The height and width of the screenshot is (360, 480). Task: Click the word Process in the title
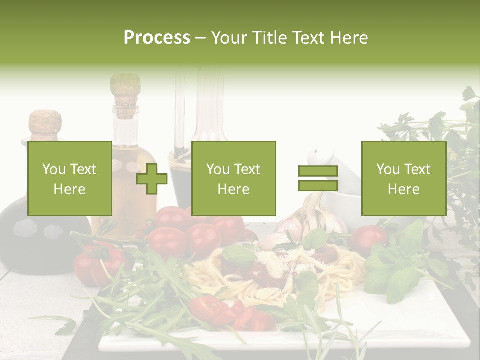tap(157, 38)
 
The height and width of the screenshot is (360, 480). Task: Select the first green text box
tap(69, 178)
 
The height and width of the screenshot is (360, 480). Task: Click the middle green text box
tap(233, 178)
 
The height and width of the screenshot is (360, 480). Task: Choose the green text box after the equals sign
tap(403, 178)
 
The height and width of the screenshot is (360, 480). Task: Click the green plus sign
tap(152, 179)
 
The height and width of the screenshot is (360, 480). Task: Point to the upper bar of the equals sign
tap(318, 171)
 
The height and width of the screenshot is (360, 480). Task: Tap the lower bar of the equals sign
tap(318, 185)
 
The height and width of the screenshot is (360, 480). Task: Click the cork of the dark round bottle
tap(45, 125)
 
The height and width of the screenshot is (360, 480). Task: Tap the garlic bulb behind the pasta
tap(305, 220)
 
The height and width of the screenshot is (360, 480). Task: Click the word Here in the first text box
tap(69, 189)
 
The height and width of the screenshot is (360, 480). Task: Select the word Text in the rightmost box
tap(417, 169)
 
